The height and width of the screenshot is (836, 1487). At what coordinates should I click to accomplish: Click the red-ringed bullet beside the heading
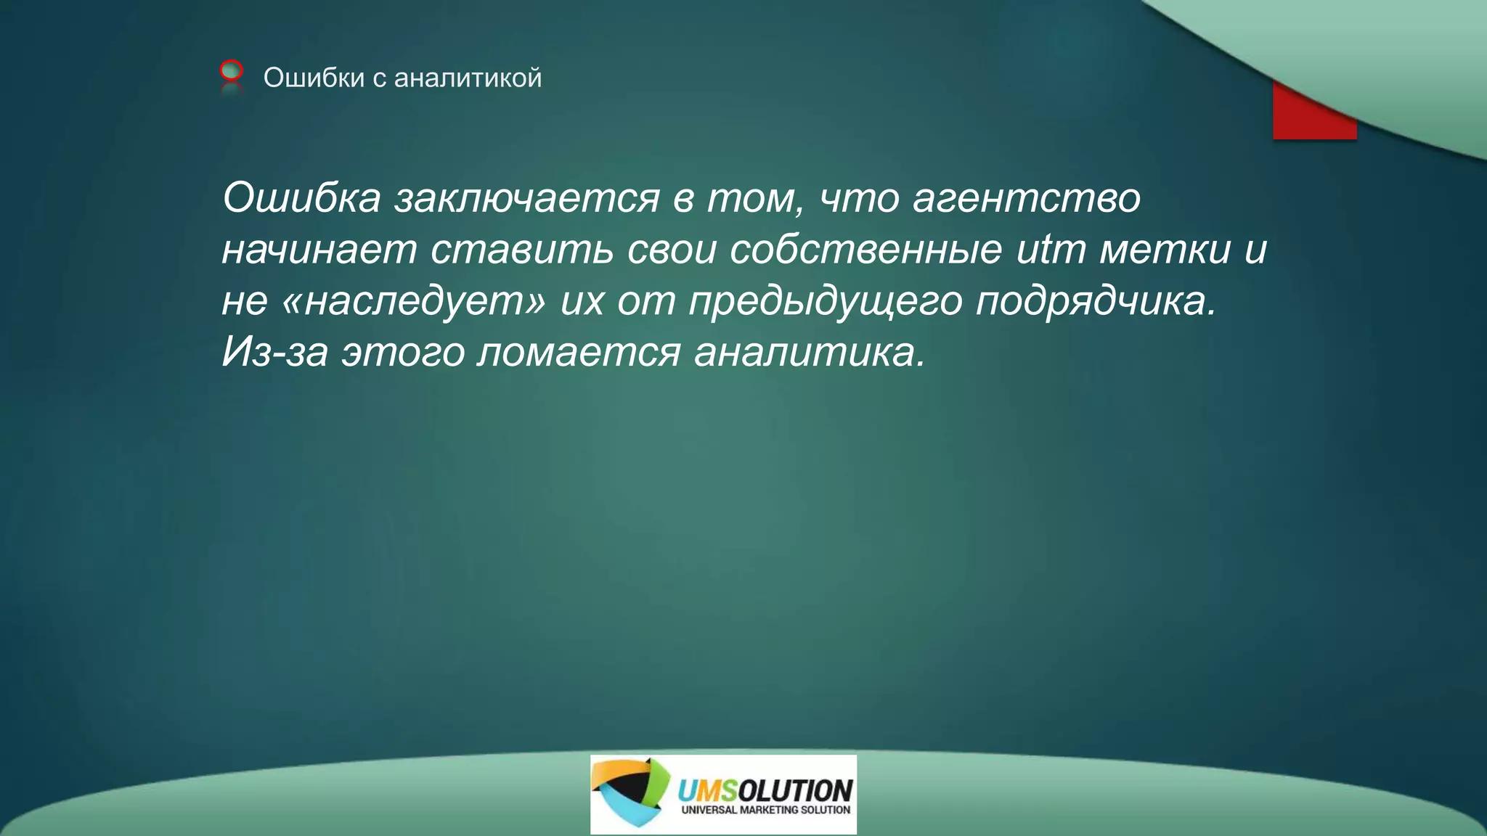(x=231, y=70)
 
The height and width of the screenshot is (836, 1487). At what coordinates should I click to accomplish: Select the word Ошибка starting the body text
(x=301, y=197)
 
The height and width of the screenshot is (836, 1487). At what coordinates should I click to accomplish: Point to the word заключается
(x=527, y=197)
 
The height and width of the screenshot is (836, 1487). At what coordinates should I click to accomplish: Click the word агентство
(x=1026, y=197)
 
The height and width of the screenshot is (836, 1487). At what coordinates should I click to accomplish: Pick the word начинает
(x=319, y=250)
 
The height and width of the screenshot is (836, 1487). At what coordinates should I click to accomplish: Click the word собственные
(x=865, y=250)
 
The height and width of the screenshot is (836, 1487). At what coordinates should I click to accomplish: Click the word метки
(x=1165, y=250)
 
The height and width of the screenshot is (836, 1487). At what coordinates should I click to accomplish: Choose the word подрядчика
(x=1095, y=302)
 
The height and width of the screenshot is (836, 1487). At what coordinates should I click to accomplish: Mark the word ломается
(x=579, y=353)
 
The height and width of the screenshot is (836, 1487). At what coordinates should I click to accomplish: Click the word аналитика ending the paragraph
(x=809, y=353)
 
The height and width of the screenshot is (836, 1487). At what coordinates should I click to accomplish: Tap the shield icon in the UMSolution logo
(x=630, y=792)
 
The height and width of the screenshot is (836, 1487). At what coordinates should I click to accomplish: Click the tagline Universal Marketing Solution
(x=765, y=810)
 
